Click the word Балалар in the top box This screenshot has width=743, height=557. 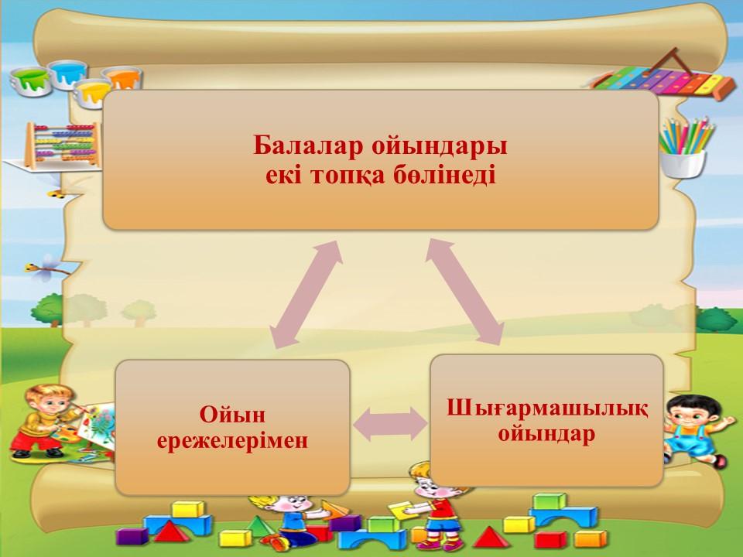coord(308,145)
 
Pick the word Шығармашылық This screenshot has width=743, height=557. coord(547,408)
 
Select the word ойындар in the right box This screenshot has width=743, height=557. coord(546,434)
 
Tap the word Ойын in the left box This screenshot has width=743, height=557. coord(232,415)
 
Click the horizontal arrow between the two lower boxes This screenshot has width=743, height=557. coord(390,424)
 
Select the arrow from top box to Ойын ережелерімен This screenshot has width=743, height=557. coord(306,294)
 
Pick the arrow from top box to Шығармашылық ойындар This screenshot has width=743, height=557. coord(464,292)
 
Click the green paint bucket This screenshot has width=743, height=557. coord(30,81)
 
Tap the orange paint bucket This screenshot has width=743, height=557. coord(123,77)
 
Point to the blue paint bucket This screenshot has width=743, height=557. coord(67,74)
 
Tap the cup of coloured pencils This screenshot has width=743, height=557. coord(685,147)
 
